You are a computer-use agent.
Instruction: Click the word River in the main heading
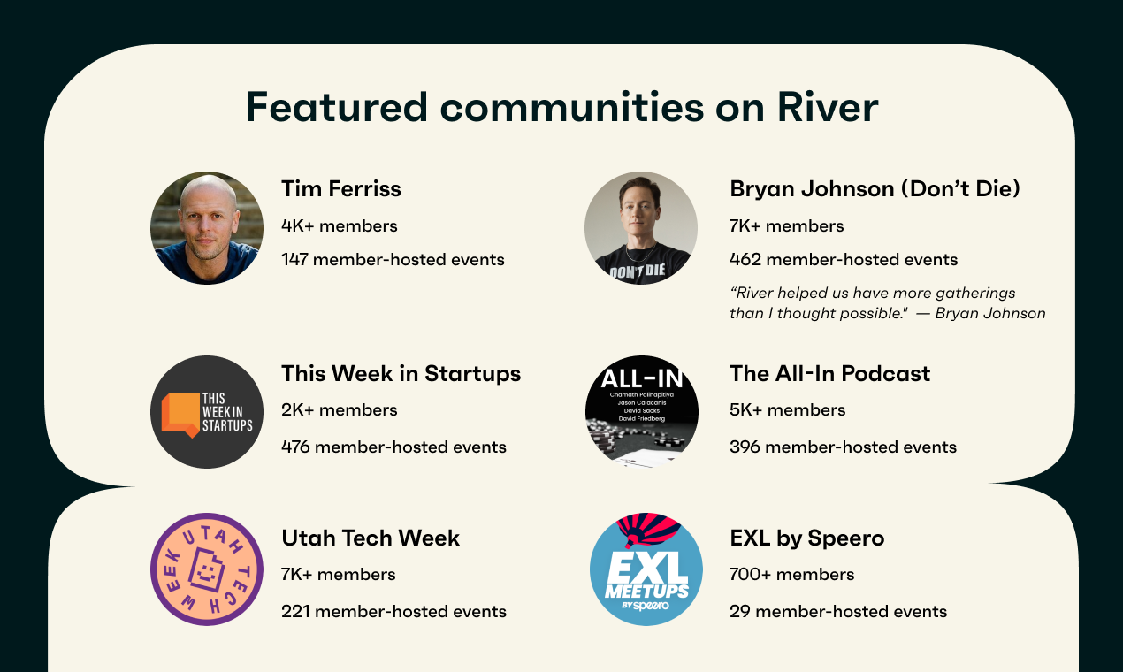click(x=828, y=107)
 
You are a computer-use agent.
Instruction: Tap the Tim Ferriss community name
click(x=341, y=188)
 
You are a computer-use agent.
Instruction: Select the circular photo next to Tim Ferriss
click(x=207, y=228)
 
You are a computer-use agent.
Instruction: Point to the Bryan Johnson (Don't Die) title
click(x=875, y=189)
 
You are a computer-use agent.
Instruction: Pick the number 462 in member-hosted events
click(x=745, y=260)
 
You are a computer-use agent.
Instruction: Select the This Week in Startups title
click(x=401, y=374)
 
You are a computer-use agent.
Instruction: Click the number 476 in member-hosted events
click(x=295, y=447)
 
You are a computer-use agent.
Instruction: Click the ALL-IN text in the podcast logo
click(x=642, y=378)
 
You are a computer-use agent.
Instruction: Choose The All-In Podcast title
click(x=829, y=374)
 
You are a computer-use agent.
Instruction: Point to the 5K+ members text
click(x=788, y=410)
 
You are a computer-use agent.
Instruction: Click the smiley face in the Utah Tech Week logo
click(x=206, y=570)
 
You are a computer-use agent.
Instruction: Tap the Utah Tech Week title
click(x=371, y=538)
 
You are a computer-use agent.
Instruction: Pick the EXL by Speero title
click(x=807, y=538)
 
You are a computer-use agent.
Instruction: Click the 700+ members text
click(x=792, y=575)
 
